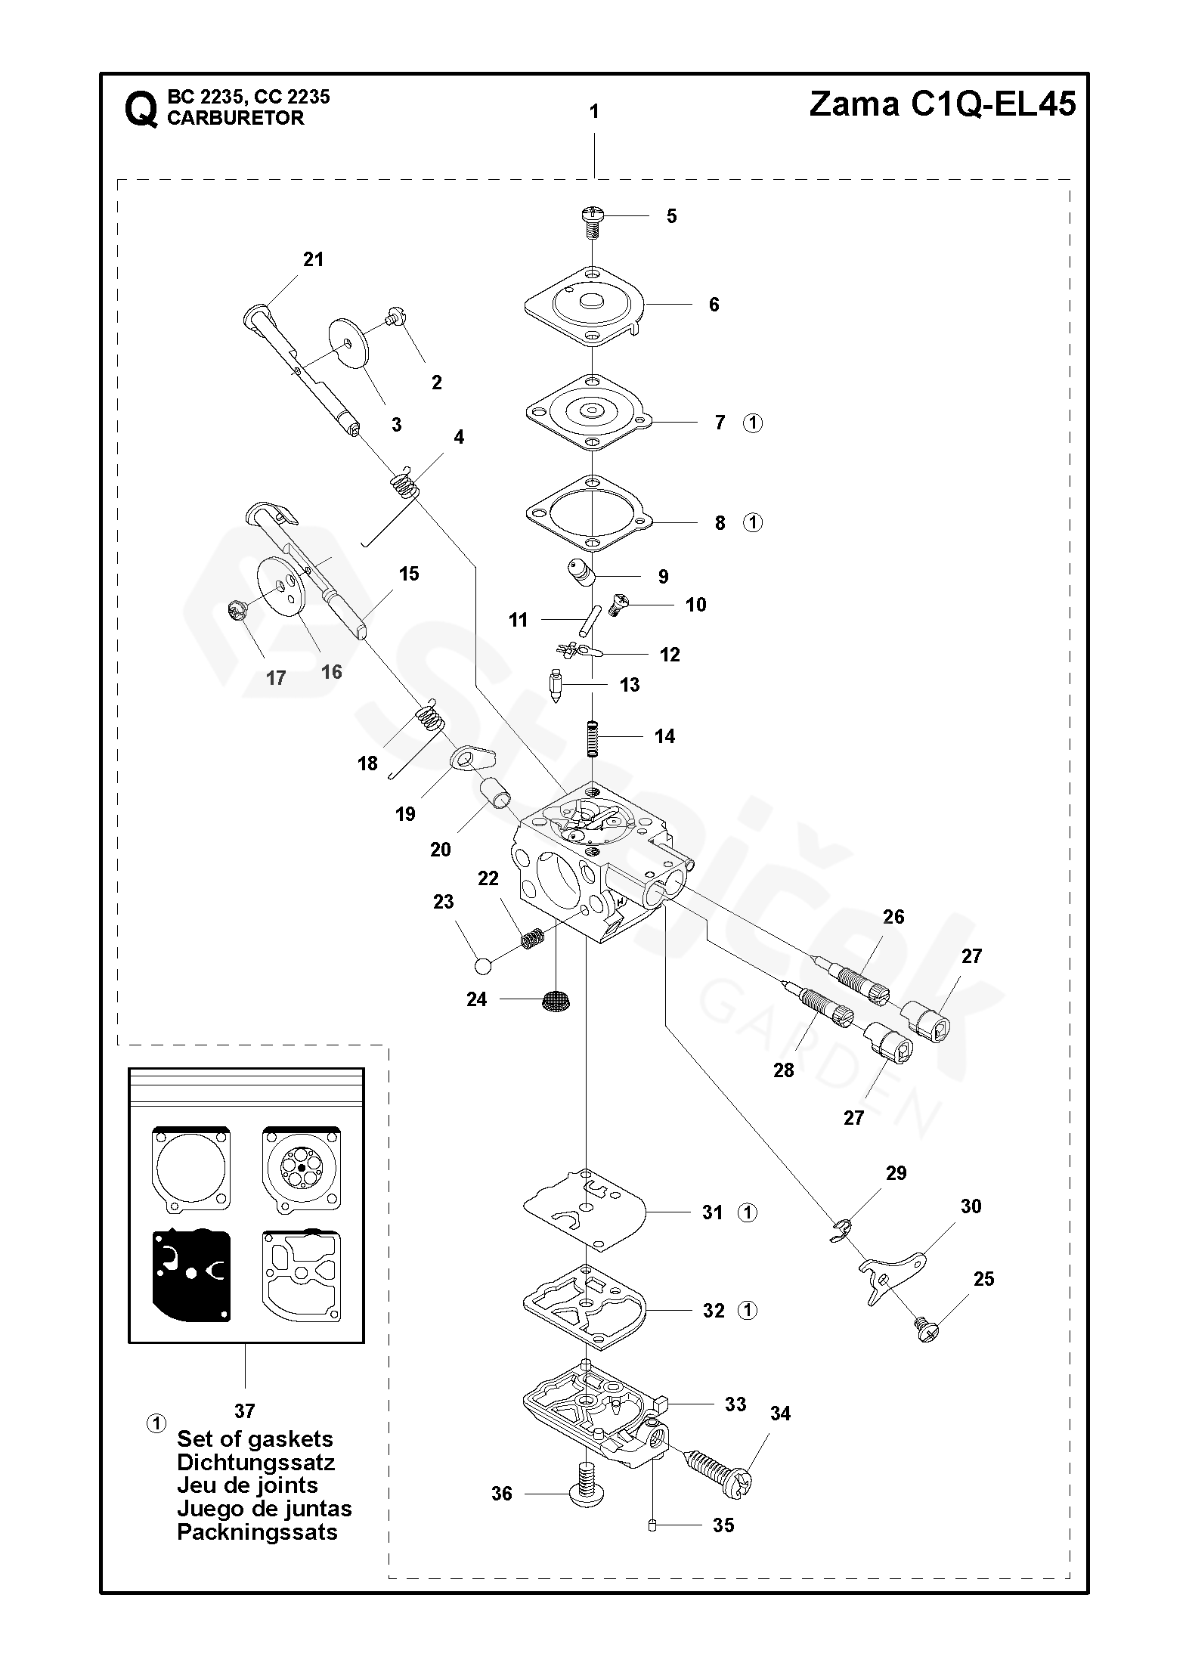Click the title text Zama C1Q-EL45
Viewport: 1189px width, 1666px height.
click(x=942, y=104)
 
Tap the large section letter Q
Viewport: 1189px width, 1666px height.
click(x=141, y=110)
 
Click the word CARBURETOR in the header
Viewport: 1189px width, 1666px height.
click(x=235, y=118)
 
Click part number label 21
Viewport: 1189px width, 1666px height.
click(x=313, y=259)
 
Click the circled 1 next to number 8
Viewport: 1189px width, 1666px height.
click(x=753, y=522)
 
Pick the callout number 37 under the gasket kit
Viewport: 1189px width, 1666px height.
click(x=244, y=1411)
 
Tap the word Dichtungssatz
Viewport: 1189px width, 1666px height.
click(x=255, y=1462)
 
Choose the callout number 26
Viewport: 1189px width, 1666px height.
click(x=893, y=917)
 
